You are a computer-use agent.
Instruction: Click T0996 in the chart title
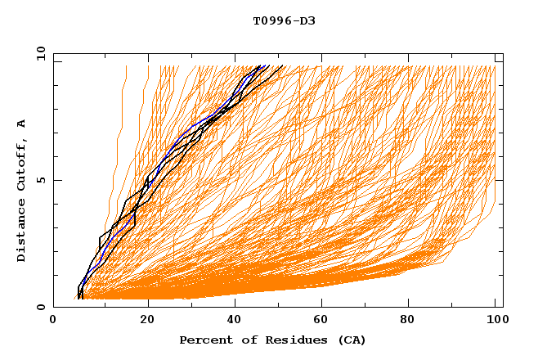tap(270, 20)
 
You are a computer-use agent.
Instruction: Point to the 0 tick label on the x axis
tap(54, 321)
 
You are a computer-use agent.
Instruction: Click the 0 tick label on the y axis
tap(42, 308)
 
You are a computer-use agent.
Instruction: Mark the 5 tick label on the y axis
tap(42, 180)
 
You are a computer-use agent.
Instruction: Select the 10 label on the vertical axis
tap(38, 53)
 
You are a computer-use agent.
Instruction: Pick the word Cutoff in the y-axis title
tap(21, 163)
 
